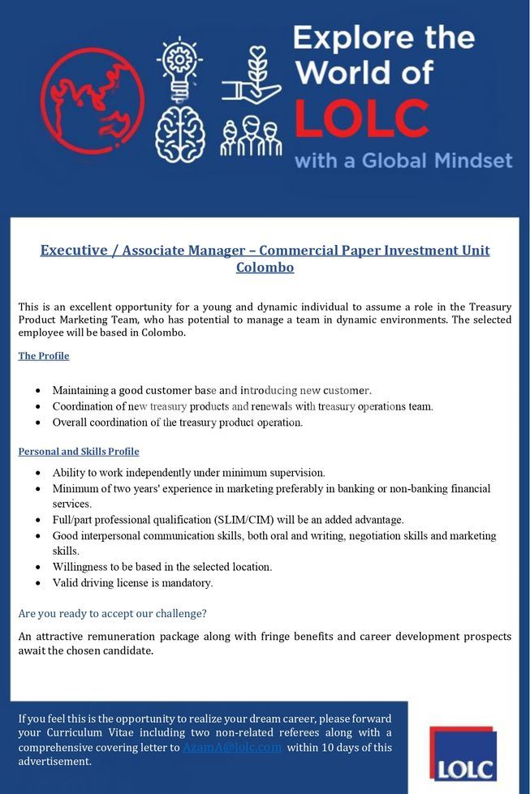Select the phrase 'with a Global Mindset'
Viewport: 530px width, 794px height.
(403, 160)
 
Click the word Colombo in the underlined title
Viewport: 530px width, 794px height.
(265, 267)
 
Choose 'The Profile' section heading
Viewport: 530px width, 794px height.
(44, 356)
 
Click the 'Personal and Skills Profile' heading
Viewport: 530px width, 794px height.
(79, 452)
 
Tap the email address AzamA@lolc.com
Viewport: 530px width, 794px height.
(232, 747)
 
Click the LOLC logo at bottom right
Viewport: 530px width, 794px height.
(463, 754)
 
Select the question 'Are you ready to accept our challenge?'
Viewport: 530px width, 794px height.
(113, 614)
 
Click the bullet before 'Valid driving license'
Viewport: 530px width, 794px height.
(38, 583)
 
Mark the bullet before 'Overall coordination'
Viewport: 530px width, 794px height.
(38, 423)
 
